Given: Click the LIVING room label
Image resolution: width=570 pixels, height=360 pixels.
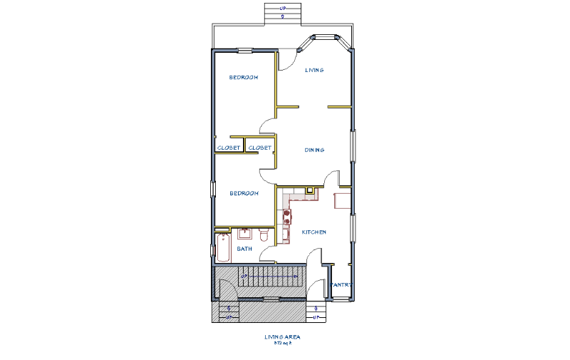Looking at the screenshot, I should pyautogui.click(x=314, y=70).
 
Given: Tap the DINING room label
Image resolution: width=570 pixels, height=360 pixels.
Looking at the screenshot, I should pyautogui.click(x=314, y=150).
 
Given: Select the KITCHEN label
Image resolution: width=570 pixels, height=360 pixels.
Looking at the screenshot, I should pyautogui.click(x=313, y=232).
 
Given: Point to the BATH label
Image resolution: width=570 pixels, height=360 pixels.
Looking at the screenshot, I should pyautogui.click(x=244, y=249).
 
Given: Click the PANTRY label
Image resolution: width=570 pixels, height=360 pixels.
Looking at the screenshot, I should pyautogui.click(x=341, y=284).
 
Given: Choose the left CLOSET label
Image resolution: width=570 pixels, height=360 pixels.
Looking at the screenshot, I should pyautogui.click(x=229, y=148).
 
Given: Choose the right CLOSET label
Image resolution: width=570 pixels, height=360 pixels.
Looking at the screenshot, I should pyautogui.click(x=260, y=148).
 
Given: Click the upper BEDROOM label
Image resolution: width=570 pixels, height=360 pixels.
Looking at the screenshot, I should pyautogui.click(x=243, y=77).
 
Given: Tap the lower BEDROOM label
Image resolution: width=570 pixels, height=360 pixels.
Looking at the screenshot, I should pyautogui.click(x=243, y=192).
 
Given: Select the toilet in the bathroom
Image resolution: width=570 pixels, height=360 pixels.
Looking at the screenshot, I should pyautogui.click(x=264, y=235).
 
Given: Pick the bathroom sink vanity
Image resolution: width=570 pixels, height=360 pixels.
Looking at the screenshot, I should pyautogui.click(x=244, y=233).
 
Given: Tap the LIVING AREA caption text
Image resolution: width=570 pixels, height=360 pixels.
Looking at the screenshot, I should pyautogui.click(x=283, y=336).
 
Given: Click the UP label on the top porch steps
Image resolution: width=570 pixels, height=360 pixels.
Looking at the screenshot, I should pyautogui.click(x=283, y=9).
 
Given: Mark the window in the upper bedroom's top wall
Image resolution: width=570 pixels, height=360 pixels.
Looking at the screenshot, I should pyautogui.click(x=244, y=50).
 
